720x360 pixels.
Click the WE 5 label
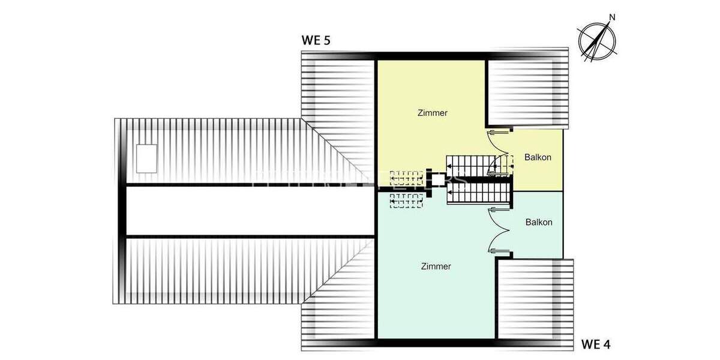tap(316, 41)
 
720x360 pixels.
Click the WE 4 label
tap(596, 344)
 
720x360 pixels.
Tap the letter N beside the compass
tap(612, 17)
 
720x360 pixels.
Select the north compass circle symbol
tap(597, 42)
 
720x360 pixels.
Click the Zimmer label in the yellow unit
tap(432, 113)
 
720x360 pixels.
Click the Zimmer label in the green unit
tap(436, 266)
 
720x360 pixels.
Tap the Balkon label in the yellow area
tap(538, 158)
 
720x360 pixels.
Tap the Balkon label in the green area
tap(539, 222)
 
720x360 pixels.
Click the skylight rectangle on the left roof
tap(147, 158)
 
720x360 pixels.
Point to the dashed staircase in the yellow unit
tap(406, 177)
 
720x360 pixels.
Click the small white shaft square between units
tap(437, 179)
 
